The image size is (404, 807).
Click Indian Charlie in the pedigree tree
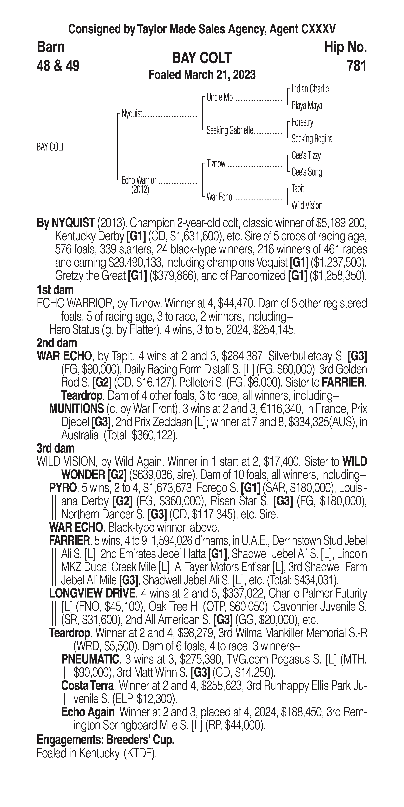(310, 89)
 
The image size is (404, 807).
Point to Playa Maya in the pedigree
(307, 106)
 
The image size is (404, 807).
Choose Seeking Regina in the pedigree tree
(312, 139)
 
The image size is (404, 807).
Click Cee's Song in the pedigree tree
(307, 172)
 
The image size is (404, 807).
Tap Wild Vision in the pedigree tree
(307, 205)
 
